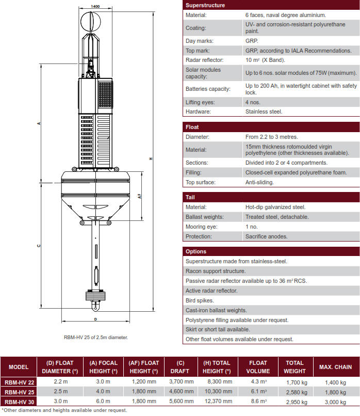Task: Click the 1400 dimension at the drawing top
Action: click(x=95, y=6)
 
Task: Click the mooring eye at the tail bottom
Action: click(x=95, y=306)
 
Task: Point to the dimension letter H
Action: click(x=151, y=159)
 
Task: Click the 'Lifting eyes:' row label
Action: click(x=200, y=102)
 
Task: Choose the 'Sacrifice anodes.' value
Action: click(x=267, y=236)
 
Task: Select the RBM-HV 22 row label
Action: click(x=19, y=382)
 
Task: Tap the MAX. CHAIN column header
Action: click(x=336, y=367)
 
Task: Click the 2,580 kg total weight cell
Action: click(x=297, y=392)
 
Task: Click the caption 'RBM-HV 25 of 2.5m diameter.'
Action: click(x=95, y=338)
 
